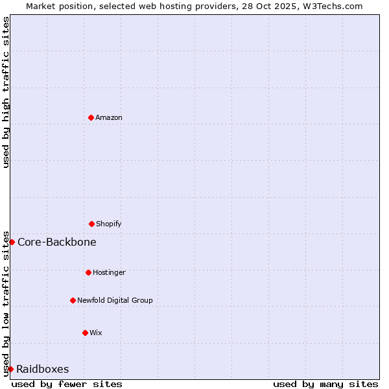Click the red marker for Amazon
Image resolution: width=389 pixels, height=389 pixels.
[x=91, y=117]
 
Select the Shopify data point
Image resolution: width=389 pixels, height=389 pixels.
[x=91, y=224]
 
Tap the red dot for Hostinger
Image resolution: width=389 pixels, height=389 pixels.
[x=88, y=272]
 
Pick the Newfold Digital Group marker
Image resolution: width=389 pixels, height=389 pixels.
[x=73, y=300]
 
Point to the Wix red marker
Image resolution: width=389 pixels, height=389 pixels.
[x=85, y=333]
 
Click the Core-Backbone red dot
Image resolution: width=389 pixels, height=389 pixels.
[x=12, y=242]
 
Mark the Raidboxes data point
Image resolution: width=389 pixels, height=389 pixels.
[x=10, y=369]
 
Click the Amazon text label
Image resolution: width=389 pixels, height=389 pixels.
[x=109, y=117]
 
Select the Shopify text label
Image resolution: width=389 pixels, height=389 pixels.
[x=109, y=224]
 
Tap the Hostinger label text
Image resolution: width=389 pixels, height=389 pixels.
[x=109, y=272]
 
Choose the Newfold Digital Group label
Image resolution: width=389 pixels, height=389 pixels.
[x=115, y=300]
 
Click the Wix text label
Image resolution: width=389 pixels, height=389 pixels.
[x=96, y=333]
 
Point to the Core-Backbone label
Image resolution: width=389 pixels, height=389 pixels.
[x=57, y=242]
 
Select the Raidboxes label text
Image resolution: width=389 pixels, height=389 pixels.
[x=43, y=369]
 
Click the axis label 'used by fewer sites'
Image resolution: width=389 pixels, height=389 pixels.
[x=67, y=384]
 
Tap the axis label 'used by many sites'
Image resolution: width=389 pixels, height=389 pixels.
[x=325, y=384]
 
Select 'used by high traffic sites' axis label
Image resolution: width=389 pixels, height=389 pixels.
[x=6, y=92]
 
